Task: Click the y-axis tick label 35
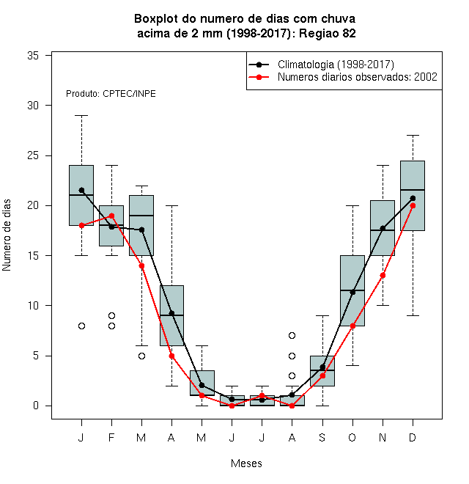33,56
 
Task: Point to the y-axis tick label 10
33,306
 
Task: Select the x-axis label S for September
322,437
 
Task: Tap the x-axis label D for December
413,437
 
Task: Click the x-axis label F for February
111,437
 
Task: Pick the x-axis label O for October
352,437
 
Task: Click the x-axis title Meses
246,463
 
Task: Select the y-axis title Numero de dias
7,235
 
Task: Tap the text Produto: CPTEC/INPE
111,94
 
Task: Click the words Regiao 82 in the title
328,33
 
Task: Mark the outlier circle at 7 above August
292,336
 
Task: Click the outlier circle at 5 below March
141,356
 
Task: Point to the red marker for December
413,206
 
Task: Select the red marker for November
383,275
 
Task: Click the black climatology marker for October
352,292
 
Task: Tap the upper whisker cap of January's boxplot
81,115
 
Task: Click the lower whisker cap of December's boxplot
413,315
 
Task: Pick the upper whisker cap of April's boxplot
172,205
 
